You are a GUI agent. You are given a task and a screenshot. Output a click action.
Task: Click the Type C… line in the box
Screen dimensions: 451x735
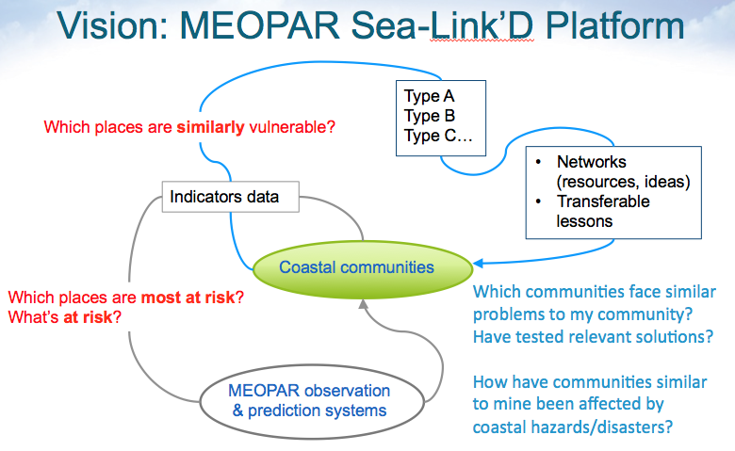click(x=438, y=136)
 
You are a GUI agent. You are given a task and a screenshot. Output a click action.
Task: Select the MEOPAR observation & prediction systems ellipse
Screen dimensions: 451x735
click(x=309, y=400)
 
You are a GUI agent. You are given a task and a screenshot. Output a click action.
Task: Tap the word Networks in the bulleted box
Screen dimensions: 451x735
click(x=591, y=162)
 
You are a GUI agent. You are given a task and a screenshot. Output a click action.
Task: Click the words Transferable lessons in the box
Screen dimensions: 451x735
click(x=603, y=212)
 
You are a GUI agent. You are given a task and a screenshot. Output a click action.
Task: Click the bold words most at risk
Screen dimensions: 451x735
click(x=187, y=298)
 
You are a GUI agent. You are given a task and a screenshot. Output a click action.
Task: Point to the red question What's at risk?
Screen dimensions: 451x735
click(x=65, y=317)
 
